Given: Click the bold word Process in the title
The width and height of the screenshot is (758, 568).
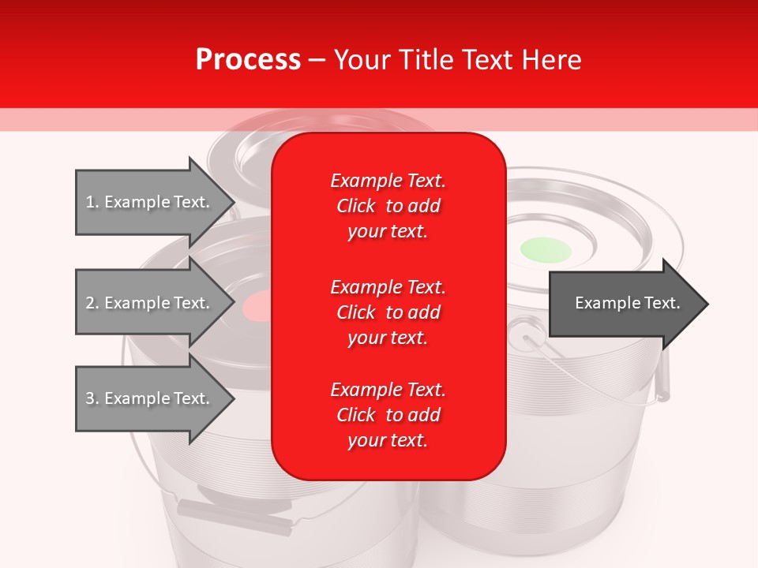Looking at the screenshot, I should pyautogui.click(x=248, y=60).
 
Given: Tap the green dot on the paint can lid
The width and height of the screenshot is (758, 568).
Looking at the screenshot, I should pyautogui.click(x=545, y=249).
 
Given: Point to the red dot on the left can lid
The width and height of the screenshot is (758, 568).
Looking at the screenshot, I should pyautogui.click(x=257, y=305).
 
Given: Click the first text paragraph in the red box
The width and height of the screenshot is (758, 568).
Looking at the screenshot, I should pyautogui.click(x=388, y=206).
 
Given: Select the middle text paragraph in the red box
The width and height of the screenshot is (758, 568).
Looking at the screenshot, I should pyautogui.click(x=388, y=312).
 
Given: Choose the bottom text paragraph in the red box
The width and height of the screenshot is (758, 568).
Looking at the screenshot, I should pyautogui.click(x=388, y=415).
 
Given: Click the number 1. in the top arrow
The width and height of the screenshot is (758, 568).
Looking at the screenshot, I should pyautogui.click(x=92, y=202).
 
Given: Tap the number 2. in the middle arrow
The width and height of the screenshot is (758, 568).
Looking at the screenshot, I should pyautogui.click(x=92, y=303).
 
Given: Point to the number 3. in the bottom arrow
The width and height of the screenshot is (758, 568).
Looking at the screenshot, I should pyautogui.click(x=92, y=398).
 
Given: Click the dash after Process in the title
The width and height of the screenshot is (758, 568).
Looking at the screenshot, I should pyautogui.click(x=317, y=61).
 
